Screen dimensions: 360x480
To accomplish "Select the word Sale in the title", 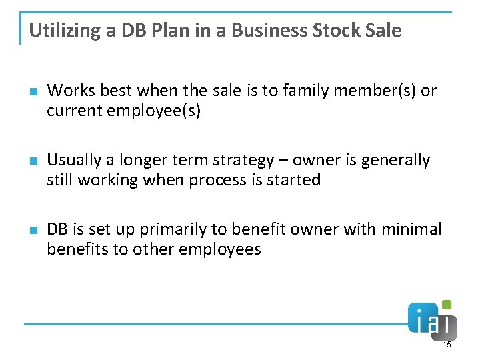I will (383, 31).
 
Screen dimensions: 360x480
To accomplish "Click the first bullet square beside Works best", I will (33, 91).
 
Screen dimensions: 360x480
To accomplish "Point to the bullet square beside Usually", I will (33, 161).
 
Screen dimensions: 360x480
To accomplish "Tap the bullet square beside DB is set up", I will (33, 231).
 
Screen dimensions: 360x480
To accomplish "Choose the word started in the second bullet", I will (293, 180).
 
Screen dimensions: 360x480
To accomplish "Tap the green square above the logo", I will (447, 305).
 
